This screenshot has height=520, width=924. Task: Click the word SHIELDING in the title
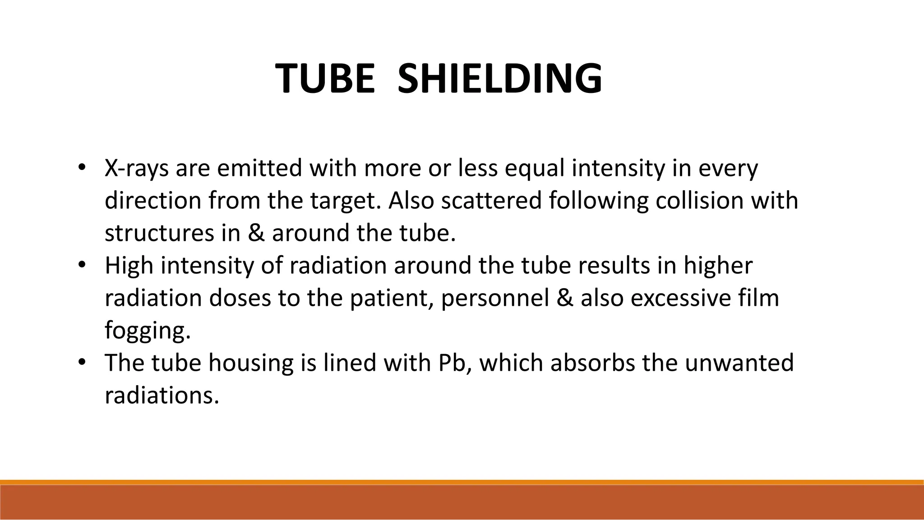click(499, 79)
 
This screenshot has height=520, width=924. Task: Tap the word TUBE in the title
click(325, 79)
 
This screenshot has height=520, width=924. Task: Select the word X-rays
click(137, 169)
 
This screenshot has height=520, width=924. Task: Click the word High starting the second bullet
click(129, 266)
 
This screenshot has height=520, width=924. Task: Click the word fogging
click(148, 331)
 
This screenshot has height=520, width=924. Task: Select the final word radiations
click(162, 396)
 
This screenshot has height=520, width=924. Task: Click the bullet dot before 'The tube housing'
click(81, 362)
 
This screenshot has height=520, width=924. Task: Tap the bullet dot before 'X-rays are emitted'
click(81, 167)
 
